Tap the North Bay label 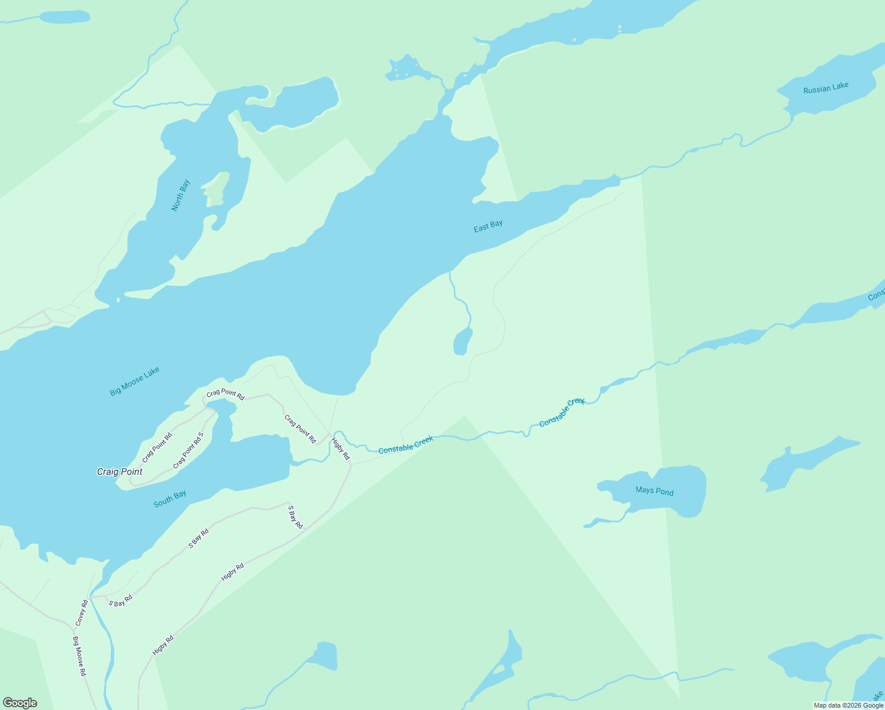click(x=181, y=195)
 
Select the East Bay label click(x=488, y=226)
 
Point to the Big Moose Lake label click(x=135, y=382)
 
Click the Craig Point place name click(x=119, y=472)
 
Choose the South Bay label click(x=170, y=499)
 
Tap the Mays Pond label click(x=654, y=491)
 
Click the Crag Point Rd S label click(x=188, y=451)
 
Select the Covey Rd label click(x=82, y=613)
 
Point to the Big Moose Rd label click(x=79, y=657)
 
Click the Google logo click(x=20, y=703)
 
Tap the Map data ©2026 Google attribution click(x=848, y=705)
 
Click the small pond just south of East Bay click(x=461, y=342)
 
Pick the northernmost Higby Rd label click(x=341, y=449)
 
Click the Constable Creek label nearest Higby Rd click(x=406, y=444)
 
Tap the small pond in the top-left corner click(x=64, y=17)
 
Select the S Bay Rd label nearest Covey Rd click(x=121, y=601)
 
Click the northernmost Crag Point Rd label click(x=225, y=395)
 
